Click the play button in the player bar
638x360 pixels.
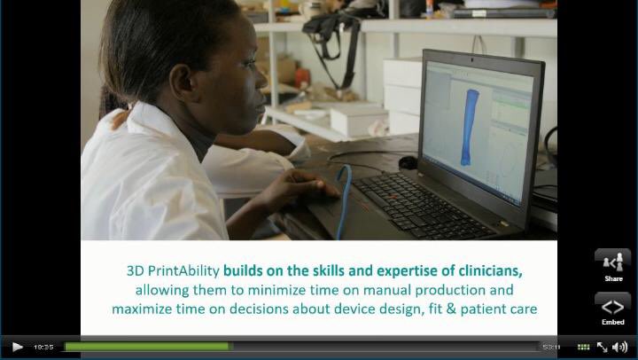[17, 347]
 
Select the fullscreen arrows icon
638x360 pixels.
[603, 347]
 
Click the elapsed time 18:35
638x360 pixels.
[43, 347]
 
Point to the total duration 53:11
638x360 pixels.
[551, 347]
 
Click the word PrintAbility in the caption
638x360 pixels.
[185, 270]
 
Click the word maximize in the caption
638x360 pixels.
[144, 309]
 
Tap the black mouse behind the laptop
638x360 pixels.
[408, 161]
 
